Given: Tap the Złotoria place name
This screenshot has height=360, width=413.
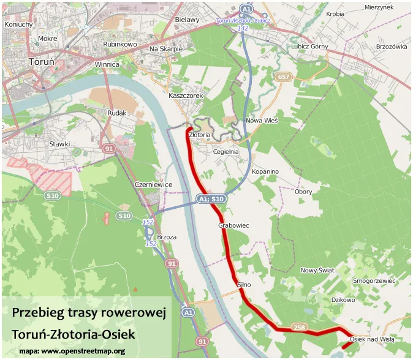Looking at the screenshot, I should (200, 134).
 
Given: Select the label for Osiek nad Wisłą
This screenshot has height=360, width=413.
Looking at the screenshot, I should (372, 339).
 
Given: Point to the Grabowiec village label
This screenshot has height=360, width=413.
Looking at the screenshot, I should (233, 225).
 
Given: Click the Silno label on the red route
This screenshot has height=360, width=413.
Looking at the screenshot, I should (244, 284).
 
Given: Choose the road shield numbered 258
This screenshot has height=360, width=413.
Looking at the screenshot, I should (298, 327).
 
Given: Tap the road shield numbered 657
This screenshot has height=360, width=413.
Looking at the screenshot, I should (283, 77).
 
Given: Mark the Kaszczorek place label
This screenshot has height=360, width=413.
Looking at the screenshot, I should (185, 96).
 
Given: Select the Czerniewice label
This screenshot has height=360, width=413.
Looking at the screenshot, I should (153, 184).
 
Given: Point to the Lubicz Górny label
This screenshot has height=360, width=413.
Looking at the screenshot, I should (309, 46).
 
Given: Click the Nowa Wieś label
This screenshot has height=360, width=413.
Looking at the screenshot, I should (262, 121).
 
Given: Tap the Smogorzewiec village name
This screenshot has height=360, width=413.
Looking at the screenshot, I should (374, 280).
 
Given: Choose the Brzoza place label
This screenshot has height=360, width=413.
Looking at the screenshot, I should (167, 237).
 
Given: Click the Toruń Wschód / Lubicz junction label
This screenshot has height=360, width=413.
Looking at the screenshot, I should (243, 20).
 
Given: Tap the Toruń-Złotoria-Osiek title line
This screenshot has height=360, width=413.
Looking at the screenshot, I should (73, 334).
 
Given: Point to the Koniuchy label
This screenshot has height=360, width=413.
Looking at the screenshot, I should (18, 24).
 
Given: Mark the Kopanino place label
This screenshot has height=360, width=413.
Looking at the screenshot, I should (265, 171).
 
